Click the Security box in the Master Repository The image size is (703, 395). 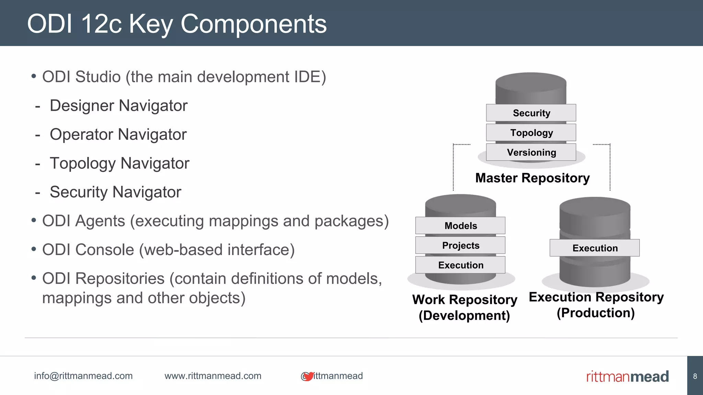531,113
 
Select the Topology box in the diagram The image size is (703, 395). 531,133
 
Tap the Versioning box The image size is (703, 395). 531,152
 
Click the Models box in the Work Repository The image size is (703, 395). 460,226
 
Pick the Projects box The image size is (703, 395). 460,246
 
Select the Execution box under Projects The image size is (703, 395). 460,265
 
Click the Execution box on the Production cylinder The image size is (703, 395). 595,248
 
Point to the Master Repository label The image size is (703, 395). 532,178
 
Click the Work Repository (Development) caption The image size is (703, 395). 464,307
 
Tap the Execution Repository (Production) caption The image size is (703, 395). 596,304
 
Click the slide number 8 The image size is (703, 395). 695,376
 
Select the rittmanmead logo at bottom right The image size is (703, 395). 627,376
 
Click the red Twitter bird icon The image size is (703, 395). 308,376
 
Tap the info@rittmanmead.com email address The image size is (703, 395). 83,376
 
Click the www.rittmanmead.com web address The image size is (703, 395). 213,376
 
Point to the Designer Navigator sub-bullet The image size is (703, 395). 118,106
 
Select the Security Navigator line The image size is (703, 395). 115,192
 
